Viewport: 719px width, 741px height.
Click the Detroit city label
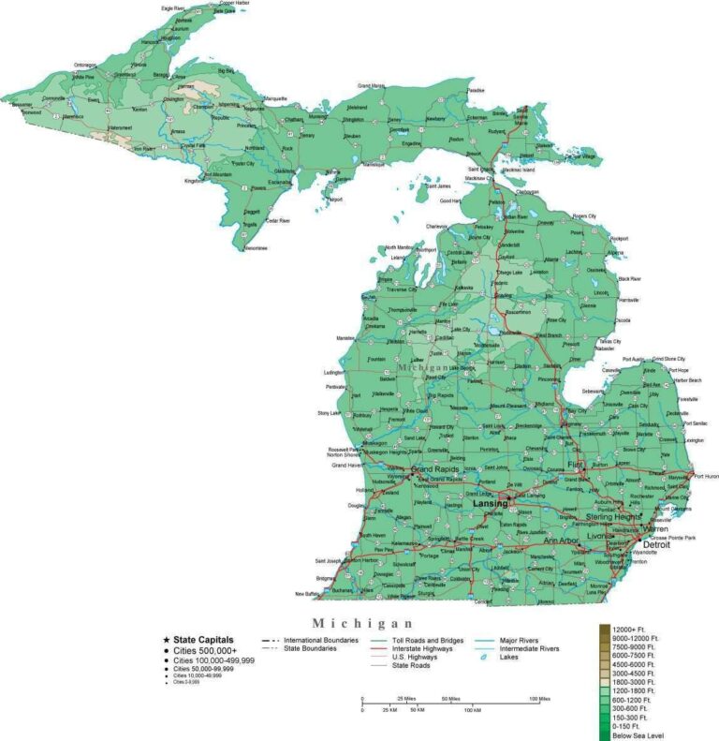pyautogui.click(x=656, y=543)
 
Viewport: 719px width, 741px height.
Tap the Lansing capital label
pyautogui.click(x=490, y=503)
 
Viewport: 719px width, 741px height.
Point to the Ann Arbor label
pyautogui.click(x=563, y=541)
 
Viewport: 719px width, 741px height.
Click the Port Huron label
pyautogui.click(x=706, y=476)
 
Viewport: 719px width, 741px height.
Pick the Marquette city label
pyautogui.click(x=275, y=97)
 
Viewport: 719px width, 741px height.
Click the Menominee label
pyautogui.click(x=256, y=248)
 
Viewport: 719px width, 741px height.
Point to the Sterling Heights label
pyautogui.click(x=613, y=516)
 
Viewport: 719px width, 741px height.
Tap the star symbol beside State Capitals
pyautogui.click(x=166, y=639)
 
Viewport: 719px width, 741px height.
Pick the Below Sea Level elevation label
pyautogui.click(x=638, y=735)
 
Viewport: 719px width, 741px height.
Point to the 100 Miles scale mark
pyautogui.click(x=538, y=699)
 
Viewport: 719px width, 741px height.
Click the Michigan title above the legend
pyautogui.click(x=362, y=623)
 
